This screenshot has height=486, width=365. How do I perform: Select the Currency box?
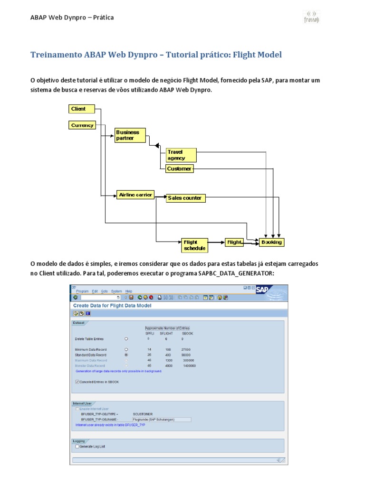tap(82, 125)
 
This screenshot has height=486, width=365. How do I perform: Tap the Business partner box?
tap(130, 135)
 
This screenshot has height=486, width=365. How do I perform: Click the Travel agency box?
tap(181, 155)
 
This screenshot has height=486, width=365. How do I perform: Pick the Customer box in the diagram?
tap(180, 169)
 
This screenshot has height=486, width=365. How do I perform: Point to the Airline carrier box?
tap(136, 195)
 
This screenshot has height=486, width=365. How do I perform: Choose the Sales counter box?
tap(185, 198)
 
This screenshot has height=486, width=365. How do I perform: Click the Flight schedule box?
tap(194, 245)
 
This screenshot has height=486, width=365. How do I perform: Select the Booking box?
tap(271, 242)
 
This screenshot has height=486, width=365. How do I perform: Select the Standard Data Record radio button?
tap(126, 355)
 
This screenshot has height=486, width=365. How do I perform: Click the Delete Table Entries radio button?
tap(126, 339)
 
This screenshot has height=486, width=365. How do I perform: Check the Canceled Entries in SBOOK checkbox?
tap(77, 381)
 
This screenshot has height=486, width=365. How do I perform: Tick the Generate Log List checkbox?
tap(77, 446)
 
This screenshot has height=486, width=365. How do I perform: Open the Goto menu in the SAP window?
tap(105, 291)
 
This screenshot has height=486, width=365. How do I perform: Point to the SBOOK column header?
tap(188, 333)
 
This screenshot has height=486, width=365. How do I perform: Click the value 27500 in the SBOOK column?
tap(185, 349)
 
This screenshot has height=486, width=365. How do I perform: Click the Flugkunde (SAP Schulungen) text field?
tap(162, 420)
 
